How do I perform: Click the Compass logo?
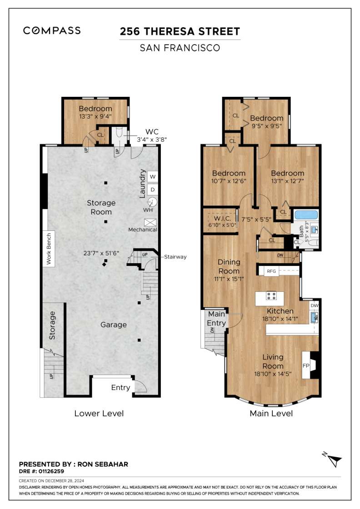(52, 30)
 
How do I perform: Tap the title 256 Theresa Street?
(180, 31)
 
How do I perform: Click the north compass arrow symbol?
(332, 459)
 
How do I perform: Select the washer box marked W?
(153, 177)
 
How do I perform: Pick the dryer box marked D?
(153, 190)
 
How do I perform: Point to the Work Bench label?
(49, 249)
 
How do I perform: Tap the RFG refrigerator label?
(271, 271)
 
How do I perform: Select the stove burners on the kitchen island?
(271, 296)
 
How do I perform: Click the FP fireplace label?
(306, 365)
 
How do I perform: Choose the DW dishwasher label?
(314, 305)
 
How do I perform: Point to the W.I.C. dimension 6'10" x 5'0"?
(222, 225)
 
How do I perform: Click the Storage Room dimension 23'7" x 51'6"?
(101, 253)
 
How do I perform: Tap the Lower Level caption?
(99, 413)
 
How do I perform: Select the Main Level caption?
(271, 413)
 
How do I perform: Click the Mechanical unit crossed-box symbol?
(150, 222)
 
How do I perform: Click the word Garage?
(113, 324)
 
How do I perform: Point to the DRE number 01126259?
(51, 471)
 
